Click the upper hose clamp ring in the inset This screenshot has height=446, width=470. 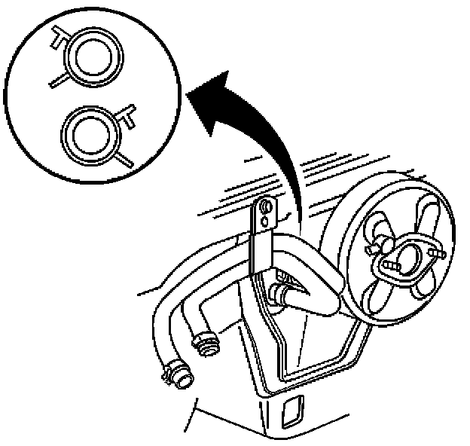click(93, 57)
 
